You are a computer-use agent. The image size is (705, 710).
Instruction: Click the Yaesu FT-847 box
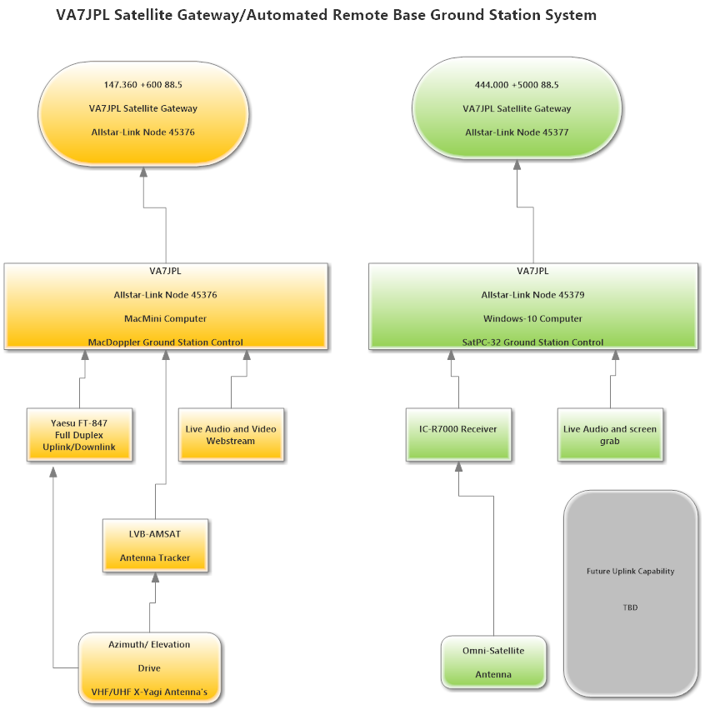(x=81, y=435)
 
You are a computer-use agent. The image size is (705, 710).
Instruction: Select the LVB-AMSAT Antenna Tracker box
(x=155, y=545)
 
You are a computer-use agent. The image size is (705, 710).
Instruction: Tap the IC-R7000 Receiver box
(x=457, y=433)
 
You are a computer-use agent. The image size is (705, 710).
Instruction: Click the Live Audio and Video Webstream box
(x=231, y=434)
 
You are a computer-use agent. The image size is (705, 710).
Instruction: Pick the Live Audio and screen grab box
(x=610, y=434)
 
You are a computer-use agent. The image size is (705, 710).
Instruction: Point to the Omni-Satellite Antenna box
(x=493, y=662)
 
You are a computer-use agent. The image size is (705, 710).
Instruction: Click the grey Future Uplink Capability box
(x=630, y=592)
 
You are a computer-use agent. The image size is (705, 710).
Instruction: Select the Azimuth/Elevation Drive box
(x=149, y=667)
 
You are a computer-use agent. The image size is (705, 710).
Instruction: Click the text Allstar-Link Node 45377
(x=517, y=132)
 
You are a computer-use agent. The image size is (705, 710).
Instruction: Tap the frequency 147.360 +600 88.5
(x=143, y=84)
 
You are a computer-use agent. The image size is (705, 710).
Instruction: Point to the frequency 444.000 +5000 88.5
(x=517, y=84)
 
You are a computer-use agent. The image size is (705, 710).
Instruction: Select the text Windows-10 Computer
(x=532, y=318)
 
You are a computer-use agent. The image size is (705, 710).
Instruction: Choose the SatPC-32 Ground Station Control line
(x=532, y=342)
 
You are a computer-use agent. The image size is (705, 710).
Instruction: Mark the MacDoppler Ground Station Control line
(x=166, y=342)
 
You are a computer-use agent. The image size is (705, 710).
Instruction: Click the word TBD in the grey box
(x=630, y=607)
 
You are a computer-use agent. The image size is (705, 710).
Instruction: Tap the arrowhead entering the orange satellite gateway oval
(x=143, y=171)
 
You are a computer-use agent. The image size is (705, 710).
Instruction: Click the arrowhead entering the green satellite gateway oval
(x=517, y=164)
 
